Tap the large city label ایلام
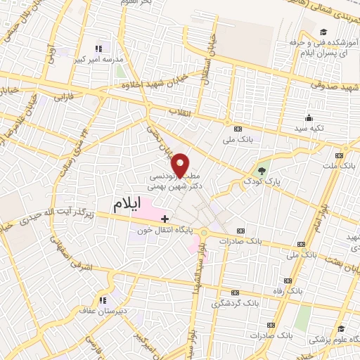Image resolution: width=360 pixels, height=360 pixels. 132,205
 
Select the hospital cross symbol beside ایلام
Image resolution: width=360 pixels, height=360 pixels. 165,219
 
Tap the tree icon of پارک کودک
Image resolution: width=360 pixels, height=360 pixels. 262,170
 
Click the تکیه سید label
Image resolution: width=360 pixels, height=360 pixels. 307,129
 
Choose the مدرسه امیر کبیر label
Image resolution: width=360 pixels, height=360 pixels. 97,60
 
